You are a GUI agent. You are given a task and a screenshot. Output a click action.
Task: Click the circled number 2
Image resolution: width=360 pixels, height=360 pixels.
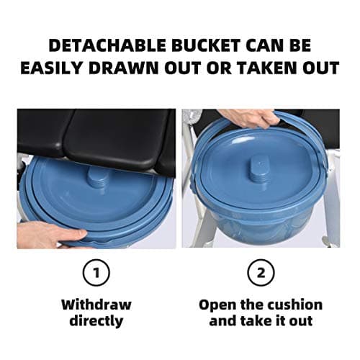[261, 271]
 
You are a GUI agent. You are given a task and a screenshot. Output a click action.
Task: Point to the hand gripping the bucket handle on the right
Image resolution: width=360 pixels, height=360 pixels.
[248, 117]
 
